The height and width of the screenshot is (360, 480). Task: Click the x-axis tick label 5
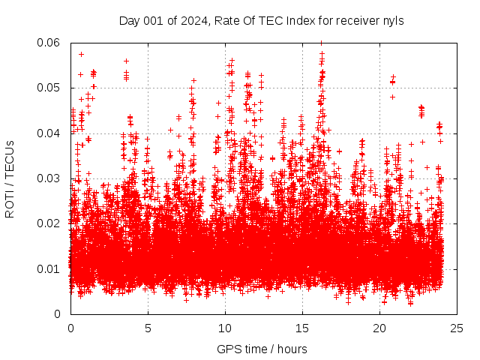148,328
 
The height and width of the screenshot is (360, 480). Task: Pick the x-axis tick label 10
225,328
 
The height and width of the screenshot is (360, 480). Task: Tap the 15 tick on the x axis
302,328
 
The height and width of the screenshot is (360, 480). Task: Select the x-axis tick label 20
379,328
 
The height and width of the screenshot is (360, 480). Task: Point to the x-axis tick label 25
457,328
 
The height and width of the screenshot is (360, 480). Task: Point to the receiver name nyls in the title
392,20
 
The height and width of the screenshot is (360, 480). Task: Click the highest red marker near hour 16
321,43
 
